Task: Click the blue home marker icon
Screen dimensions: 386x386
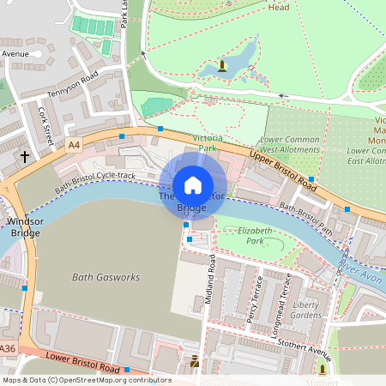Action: (193, 185)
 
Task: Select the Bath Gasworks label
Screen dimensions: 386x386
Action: (95, 278)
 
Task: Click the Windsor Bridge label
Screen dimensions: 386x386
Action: (24, 226)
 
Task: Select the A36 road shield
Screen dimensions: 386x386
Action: (8, 348)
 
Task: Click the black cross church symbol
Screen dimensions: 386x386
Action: (25, 157)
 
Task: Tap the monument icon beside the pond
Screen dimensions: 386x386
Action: (222, 64)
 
